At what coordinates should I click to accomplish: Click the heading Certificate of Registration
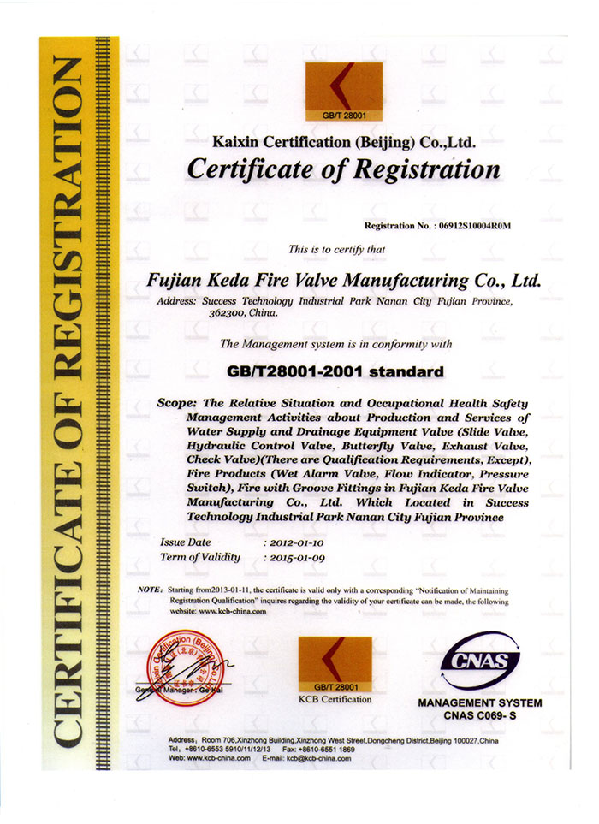click(x=342, y=169)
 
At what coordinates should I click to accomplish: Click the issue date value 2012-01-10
click(x=297, y=542)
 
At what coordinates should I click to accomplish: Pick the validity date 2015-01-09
click(x=297, y=558)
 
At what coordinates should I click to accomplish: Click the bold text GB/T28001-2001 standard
click(x=336, y=372)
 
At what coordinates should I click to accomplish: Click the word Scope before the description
click(x=177, y=402)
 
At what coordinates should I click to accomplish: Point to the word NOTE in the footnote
click(x=149, y=591)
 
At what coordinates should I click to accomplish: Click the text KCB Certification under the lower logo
click(x=335, y=699)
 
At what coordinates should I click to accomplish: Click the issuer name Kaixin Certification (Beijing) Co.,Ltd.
click(x=342, y=141)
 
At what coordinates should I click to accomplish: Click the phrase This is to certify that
click(x=337, y=250)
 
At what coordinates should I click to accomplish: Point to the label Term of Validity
click(x=200, y=558)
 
